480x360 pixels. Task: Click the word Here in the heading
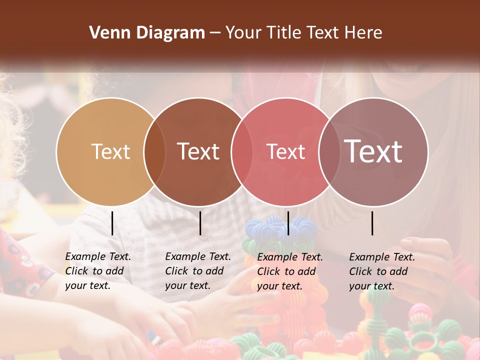tap(364, 33)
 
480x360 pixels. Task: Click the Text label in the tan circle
tap(110, 151)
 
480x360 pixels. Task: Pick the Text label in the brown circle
tap(198, 151)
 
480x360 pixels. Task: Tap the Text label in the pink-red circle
tap(285, 151)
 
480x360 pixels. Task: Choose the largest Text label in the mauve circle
tap(373, 151)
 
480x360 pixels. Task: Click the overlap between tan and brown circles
tap(154, 152)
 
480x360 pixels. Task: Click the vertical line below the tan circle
tap(112, 223)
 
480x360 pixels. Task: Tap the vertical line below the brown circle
tap(200, 223)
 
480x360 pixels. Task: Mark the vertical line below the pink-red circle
tap(288, 223)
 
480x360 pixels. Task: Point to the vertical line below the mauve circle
tap(372, 223)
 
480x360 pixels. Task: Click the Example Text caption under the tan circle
tap(98, 271)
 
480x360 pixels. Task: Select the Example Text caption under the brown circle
tap(198, 271)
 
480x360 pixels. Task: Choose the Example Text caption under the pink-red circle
tap(290, 271)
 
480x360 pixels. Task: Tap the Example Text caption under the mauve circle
tap(382, 271)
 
